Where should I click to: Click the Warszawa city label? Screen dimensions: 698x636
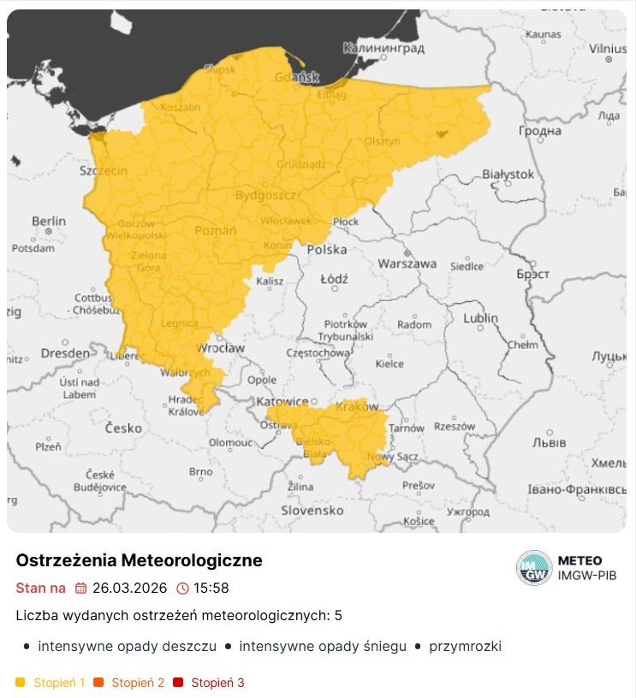pos(407,263)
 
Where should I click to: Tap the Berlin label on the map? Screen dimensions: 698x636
pos(49,222)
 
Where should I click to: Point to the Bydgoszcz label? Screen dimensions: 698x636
pos(265,195)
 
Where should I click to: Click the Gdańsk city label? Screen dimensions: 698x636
pos(297,78)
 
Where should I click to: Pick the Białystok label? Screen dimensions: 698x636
pos(508,174)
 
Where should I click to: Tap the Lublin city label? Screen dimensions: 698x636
pos(480,318)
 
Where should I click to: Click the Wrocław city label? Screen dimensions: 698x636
pos(221,348)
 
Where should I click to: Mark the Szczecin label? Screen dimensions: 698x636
pos(104,170)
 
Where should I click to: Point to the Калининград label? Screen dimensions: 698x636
pos(383,49)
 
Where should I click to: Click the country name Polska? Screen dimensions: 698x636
pos(327,250)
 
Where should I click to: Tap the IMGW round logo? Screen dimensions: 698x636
pos(534,568)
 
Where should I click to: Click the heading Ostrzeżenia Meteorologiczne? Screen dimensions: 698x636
pos(139,560)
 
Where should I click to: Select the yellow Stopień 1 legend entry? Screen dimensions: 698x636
pos(51,683)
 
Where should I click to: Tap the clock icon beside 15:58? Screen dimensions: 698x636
pos(182,589)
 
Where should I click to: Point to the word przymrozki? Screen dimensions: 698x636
pos(465,647)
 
